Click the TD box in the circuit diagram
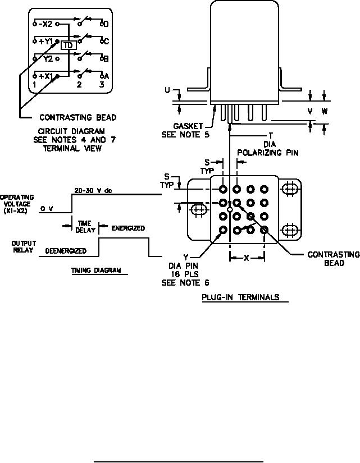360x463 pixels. [x=69, y=45]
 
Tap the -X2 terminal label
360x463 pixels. [x=45, y=24]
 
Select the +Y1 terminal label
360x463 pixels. [x=45, y=42]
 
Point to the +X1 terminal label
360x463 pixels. [x=45, y=76]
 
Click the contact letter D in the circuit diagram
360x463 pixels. [x=106, y=24]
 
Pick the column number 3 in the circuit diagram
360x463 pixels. [x=102, y=84]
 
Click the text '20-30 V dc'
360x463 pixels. [x=93, y=191]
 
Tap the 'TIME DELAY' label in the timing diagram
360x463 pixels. [x=85, y=227]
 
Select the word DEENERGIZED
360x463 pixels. [x=66, y=251]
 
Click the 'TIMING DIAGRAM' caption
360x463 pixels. [x=96, y=270]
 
